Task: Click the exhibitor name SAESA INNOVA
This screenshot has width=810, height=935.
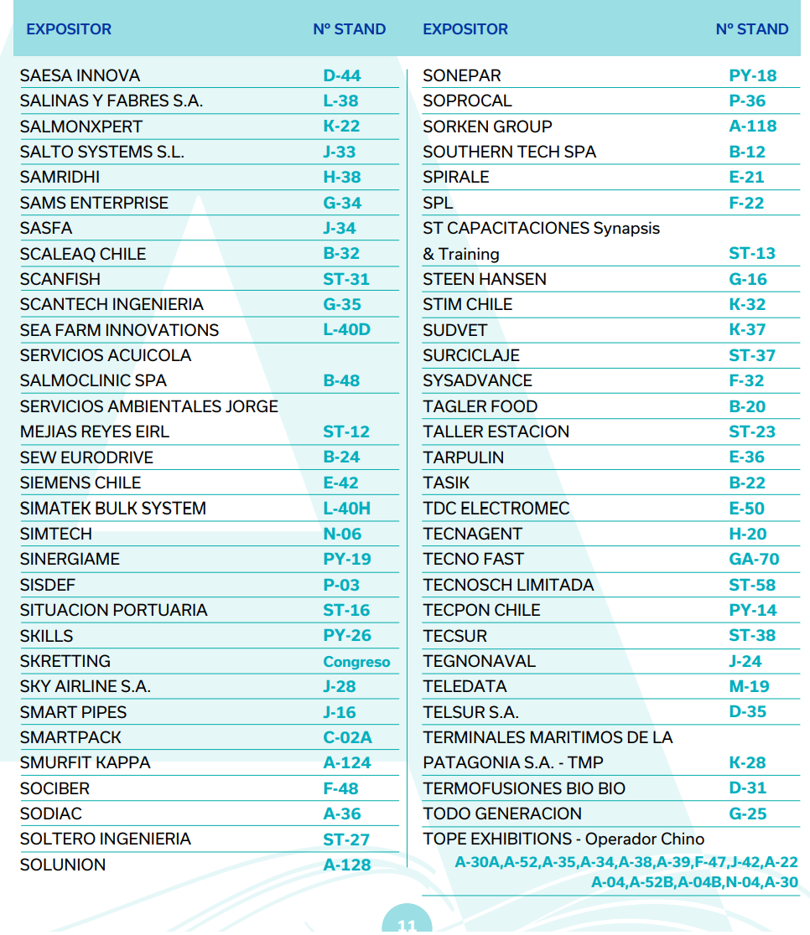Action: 80,75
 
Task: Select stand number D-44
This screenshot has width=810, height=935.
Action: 342,75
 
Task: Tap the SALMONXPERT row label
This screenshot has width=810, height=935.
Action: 81,127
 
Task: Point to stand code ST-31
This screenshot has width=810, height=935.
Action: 346,279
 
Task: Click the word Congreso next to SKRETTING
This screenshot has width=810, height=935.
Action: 356,662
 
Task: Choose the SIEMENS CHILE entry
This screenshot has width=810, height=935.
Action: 80,483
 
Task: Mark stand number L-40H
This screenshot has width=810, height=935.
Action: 346,509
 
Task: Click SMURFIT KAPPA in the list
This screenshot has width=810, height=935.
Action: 86,762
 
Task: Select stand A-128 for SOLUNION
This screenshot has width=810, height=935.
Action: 347,865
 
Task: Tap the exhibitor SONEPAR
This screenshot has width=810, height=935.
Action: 462,75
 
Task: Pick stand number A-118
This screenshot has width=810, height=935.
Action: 753,127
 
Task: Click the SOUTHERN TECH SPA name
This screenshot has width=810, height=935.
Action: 509,152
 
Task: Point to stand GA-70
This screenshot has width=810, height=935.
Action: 754,559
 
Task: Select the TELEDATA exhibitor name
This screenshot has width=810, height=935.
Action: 465,686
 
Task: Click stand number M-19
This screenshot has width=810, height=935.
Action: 749,686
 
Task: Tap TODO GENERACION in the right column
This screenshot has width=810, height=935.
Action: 502,814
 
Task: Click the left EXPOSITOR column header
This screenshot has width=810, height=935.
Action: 69,29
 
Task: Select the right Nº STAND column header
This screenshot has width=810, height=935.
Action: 752,29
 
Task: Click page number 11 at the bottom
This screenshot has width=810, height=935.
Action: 407,925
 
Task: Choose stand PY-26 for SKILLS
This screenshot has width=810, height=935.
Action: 347,635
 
